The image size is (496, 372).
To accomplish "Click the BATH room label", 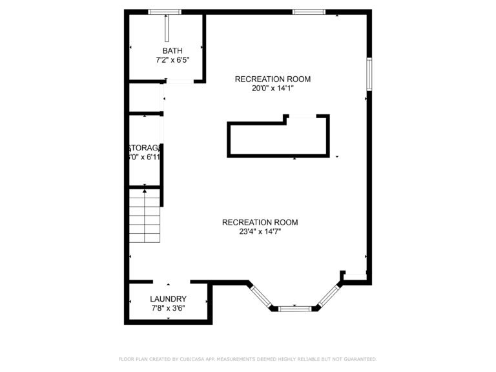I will point(172,51).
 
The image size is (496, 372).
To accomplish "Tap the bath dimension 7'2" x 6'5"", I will point(172,60).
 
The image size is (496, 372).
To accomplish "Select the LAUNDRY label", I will point(168,299).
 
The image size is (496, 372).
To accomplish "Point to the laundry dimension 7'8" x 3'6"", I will point(168,308).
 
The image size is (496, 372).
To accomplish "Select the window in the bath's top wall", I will point(165,12).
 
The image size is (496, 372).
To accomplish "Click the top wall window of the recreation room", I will point(309,12).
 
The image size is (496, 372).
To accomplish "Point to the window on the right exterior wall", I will point(369,74).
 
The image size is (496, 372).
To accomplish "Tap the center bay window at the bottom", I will point(295,309).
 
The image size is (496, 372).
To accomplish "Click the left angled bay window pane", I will point(262,294).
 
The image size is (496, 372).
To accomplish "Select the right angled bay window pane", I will point(329,294).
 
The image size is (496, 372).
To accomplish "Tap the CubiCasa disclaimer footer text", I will point(248,359).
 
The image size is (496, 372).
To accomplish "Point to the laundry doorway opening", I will point(171,282).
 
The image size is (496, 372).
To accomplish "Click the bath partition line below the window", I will point(167,28).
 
